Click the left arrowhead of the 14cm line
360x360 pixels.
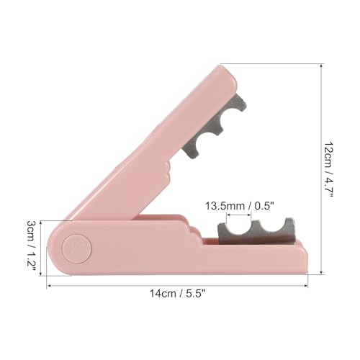(50, 285)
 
